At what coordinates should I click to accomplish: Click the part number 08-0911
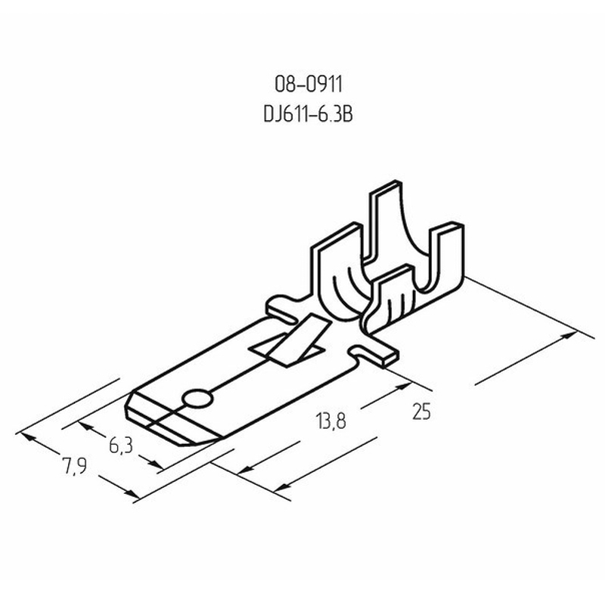click(x=309, y=84)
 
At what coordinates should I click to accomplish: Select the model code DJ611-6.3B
click(x=308, y=114)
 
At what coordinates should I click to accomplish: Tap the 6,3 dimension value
click(x=121, y=446)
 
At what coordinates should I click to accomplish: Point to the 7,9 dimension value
click(x=74, y=467)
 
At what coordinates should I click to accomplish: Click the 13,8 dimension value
click(x=330, y=420)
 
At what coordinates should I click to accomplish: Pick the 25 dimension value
click(x=421, y=411)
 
